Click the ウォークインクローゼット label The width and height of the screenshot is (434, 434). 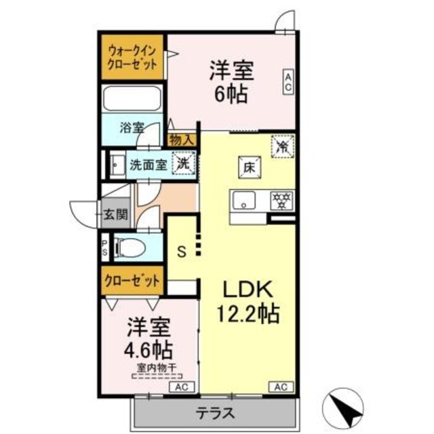pos(133,59)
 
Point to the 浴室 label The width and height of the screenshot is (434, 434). pos(132,127)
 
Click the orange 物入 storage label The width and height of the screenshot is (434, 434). pos(182,140)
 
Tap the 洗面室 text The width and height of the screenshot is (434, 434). pos(148,163)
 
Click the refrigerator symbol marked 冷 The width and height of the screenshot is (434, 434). pos(281,144)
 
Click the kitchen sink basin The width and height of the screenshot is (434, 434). pos(244,200)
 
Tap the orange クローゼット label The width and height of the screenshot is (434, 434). pos(133,279)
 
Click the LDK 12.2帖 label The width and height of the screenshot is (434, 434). pos(248,302)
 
